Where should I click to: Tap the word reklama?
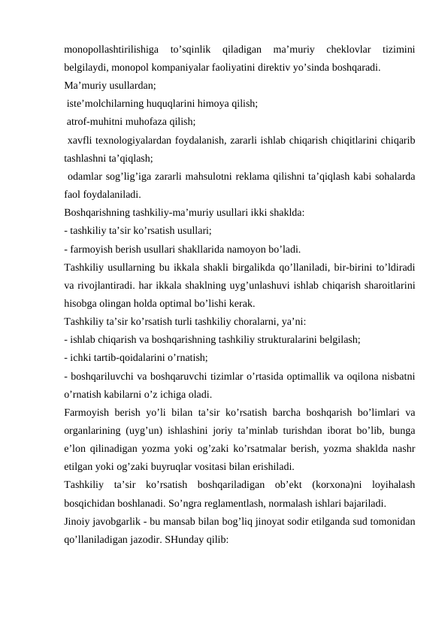pos(283,176)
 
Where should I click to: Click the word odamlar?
pos(85,176)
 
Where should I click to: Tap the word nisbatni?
pos(399,376)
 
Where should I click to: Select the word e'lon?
pos(76,449)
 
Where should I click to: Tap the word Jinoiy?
pos(80,522)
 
